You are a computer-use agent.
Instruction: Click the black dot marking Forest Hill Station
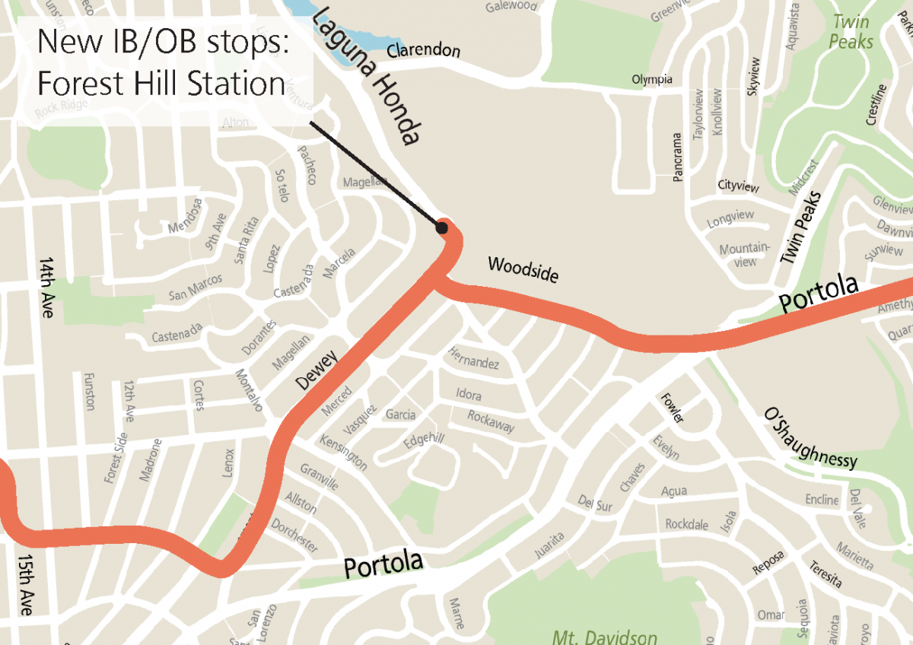click(x=441, y=227)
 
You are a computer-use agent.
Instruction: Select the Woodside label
click(x=523, y=269)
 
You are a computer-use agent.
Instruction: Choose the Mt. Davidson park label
click(x=605, y=636)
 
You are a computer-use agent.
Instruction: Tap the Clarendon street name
click(x=423, y=51)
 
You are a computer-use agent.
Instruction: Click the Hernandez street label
click(x=473, y=357)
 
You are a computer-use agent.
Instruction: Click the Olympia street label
click(x=652, y=79)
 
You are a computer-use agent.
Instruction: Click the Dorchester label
click(x=294, y=535)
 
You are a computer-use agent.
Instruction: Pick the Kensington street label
click(x=344, y=453)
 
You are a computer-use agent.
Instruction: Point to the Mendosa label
click(x=186, y=216)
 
